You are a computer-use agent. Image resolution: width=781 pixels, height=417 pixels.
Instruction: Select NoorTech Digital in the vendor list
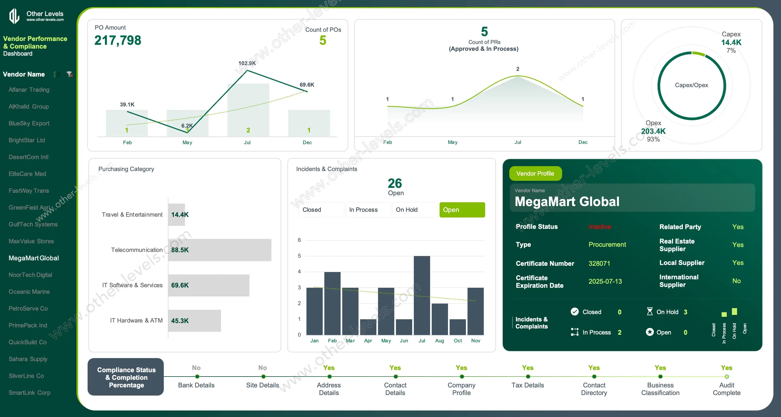pyautogui.click(x=30, y=275)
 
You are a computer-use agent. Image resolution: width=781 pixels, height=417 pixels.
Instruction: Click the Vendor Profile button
pyautogui.click(x=535, y=173)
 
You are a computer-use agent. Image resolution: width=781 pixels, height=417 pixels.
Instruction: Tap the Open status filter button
pyautogui.click(x=462, y=210)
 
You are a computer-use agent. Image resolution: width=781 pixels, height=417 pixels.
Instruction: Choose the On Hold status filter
pyautogui.click(x=414, y=210)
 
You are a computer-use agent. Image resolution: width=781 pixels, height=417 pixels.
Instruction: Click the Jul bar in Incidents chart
pyautogui.click(x=422, y=295)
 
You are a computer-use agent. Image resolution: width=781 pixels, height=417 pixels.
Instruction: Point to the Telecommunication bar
pyautogui.click(x=219, y=250)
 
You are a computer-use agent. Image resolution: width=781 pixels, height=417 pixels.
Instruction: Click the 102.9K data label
pyautogui.click(x=247, y=64)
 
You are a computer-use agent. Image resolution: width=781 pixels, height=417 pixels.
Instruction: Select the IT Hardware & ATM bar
pyautogui.click(x=194, y=321)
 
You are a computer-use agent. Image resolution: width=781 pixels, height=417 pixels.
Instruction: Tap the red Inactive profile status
pyautogui.click(x=599, y=227)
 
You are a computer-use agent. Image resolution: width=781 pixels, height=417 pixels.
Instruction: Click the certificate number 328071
pyautogui.click(x=599, y=263)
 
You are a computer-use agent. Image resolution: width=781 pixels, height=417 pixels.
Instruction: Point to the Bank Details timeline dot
pyautogui.click(x=197, y=377)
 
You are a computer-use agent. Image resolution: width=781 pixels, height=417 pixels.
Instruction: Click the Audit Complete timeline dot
pyautogui.click(x=726, y=377)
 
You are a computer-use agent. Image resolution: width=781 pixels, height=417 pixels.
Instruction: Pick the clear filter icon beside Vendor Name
pyautogui.click(x=70, y=74)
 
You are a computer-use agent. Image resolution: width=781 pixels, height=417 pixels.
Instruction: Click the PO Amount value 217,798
pyautogui.click(x=118, y=40)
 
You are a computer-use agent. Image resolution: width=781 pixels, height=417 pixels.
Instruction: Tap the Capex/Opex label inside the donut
pyautogui.click(x=691, y=85)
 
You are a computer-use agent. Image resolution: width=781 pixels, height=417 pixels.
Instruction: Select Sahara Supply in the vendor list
pyautogui.click(x=28, y=359)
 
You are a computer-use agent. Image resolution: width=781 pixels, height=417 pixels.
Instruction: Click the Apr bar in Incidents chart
pyautogui.click(x=368, y=327)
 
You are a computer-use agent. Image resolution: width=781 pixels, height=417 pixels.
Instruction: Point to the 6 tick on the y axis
pyautogui.click(x=299, y=240)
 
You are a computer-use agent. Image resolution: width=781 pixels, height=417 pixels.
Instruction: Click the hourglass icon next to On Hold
pyautogui.click(x=650, y=312)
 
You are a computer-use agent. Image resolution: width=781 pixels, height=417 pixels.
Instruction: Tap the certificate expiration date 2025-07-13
pyautogui.click(x=605, y=281)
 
